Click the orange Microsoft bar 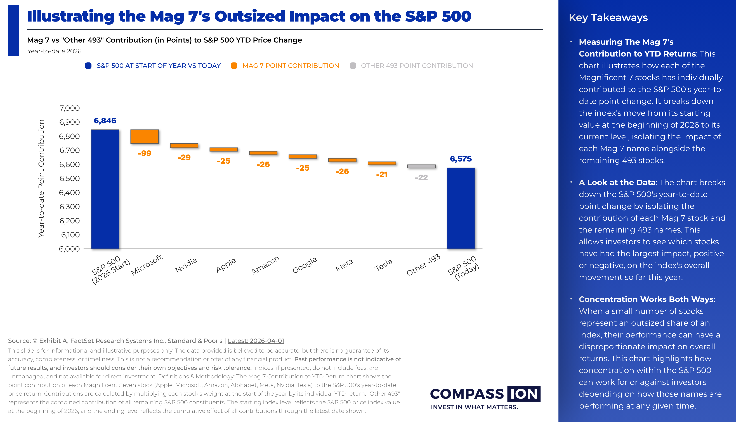point(145,137)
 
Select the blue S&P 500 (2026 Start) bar point(105,189)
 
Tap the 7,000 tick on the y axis point(70,108)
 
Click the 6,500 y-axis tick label point(70,179)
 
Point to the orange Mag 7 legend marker point(234,66)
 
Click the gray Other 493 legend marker point(353,66)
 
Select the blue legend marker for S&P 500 point(88,66)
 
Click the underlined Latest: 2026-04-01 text point(256,341)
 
